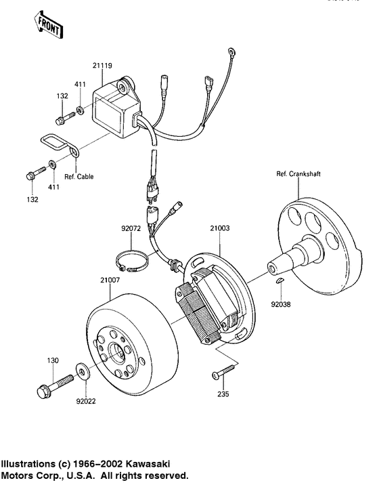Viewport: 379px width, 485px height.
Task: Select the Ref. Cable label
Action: [x=79, y=177]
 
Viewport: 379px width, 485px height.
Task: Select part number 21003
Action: [x=220, y=229]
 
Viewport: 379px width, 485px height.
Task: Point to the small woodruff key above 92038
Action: [x=281, y=280]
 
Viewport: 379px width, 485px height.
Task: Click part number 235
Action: [x=221, y=394]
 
